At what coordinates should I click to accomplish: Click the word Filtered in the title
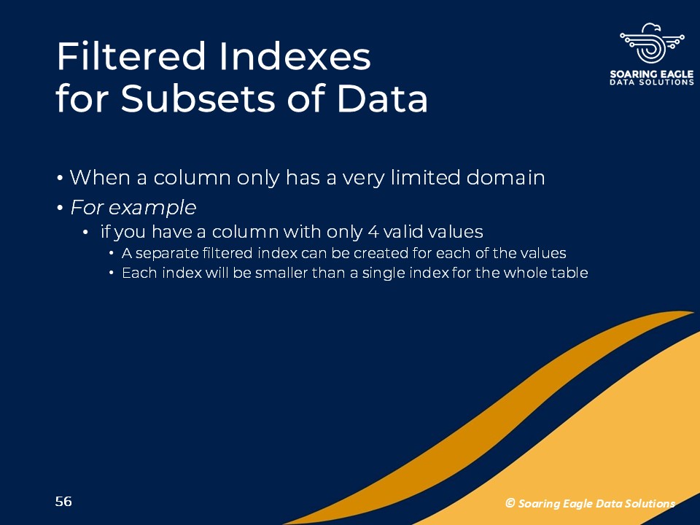[x=130, y=56]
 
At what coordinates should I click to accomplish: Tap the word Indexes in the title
[x=295, y=56]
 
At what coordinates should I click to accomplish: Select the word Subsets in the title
[x=198, y=98]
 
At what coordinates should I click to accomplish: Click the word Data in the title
[x=383, y=98]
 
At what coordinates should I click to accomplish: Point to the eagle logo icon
[x=652, y=43]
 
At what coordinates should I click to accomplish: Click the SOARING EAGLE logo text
[x=652, y=74]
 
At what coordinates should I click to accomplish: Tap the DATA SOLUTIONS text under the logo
[x=652, y=82]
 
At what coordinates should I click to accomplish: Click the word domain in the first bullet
[x=505, y=178]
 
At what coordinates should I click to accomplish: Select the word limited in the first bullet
[x=425, y=178]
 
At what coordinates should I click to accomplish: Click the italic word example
[x=152, y=208]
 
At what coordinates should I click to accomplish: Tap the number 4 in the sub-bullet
[x=373, y=232]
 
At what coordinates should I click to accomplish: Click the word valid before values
[x=403, y=232]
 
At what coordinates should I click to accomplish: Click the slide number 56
[x=63, y=502]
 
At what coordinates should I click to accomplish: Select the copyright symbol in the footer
[x=510, y=503]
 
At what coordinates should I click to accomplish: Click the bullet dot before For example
[x=60, y=209]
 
